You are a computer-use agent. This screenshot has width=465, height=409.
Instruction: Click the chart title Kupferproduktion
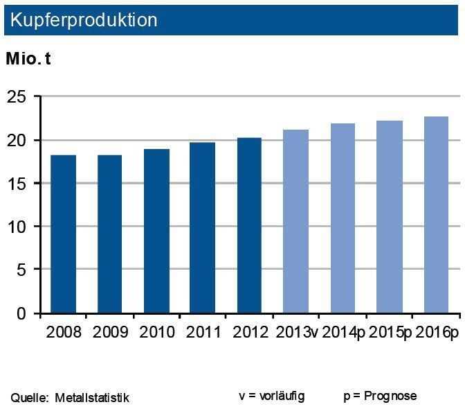click(82, 20)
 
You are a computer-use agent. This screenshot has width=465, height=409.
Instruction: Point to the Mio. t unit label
click(28, 59)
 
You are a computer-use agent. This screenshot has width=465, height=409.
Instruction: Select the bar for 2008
click(64, 234)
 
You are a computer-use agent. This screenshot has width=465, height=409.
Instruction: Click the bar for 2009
click(110, 234)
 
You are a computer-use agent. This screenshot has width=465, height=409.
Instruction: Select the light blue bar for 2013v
click(296, 221)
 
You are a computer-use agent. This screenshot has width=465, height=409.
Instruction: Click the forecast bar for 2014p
click(343, 218)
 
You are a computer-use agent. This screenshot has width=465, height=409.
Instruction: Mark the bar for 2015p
click(389, 217)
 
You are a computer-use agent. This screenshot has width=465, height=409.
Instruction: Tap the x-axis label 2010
click(156, 331)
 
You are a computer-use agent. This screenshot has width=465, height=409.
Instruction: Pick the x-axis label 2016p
click(437, 331)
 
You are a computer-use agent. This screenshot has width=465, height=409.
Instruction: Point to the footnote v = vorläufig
click(271, 396)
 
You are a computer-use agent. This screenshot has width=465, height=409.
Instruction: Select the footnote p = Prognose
click(380, 396)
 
